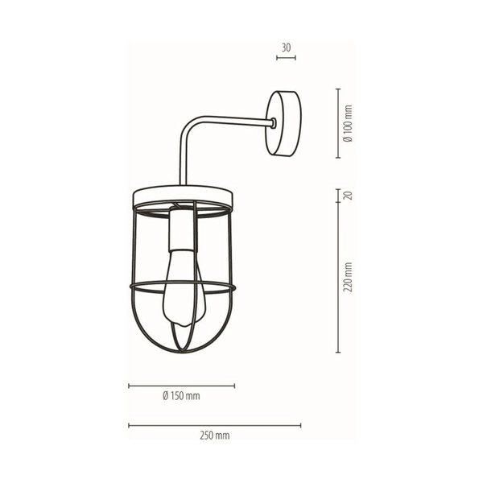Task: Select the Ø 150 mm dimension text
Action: pos(181,396)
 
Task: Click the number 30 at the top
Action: pos(286,47)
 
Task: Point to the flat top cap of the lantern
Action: pos(182,195)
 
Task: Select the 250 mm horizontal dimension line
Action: pos(215,425)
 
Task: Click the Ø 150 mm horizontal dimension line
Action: pos(182,386)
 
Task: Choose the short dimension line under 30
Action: pos(286,58)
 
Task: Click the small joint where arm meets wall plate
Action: pos(274,123)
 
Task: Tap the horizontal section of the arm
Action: pos(233,122)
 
